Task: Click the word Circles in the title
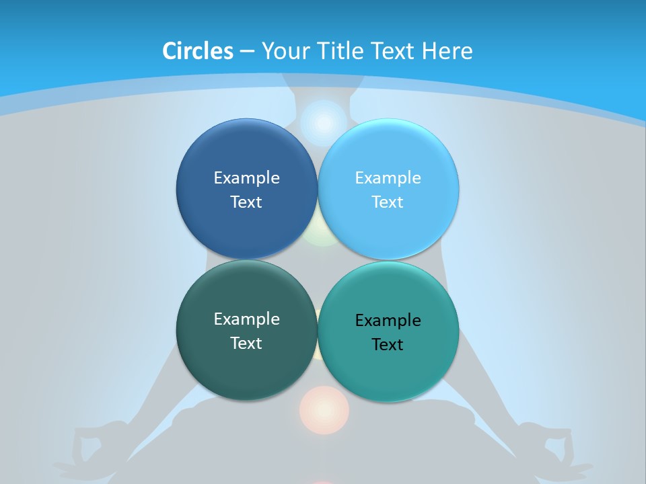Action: (x=197, y=51)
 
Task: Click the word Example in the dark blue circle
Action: (x=246, y=178)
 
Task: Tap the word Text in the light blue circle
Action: (x=388, y=202)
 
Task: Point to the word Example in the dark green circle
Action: (x=246, y=319)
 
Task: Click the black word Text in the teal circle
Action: (x=388, y=345)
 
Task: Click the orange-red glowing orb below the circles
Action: (x=324, y=409)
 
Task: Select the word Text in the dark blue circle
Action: (x=246, y=202)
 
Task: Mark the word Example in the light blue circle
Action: (x=388, y=178)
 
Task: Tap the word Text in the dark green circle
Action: (x=246, y=344)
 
